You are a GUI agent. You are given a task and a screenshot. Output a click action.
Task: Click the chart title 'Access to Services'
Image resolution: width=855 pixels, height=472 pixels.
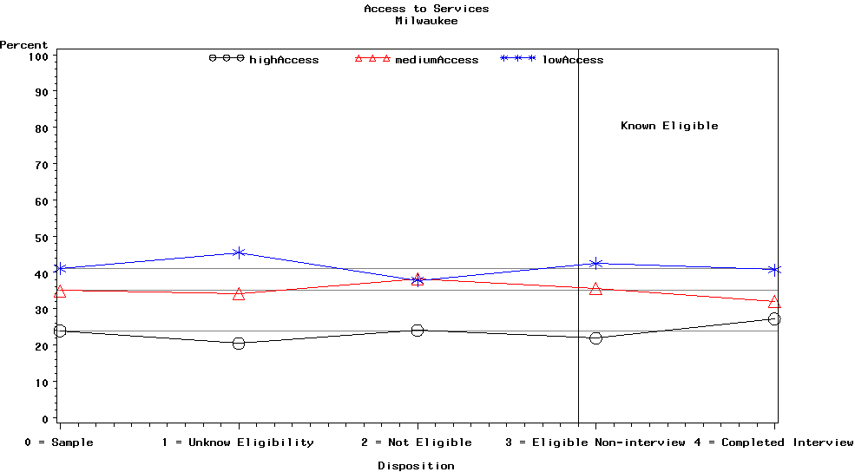(426, 9)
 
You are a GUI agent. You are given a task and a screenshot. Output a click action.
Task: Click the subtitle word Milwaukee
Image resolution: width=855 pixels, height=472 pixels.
(426, 20)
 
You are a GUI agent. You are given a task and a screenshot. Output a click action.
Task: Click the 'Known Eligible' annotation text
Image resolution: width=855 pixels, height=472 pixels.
(669, 126)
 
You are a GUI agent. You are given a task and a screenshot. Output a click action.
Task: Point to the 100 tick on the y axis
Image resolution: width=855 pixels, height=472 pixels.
(37, 56)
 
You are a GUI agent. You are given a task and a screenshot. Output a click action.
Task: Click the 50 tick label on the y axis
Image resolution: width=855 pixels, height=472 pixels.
(41, 237)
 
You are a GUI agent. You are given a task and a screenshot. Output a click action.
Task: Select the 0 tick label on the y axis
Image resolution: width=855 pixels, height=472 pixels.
(44, 418)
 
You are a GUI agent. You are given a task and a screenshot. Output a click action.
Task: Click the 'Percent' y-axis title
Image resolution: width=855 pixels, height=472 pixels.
(24, 45)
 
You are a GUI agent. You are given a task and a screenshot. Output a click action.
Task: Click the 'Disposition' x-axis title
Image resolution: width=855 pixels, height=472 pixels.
(416, 466)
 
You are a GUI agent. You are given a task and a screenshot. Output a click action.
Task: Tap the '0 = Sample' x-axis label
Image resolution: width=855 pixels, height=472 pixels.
(59, 442)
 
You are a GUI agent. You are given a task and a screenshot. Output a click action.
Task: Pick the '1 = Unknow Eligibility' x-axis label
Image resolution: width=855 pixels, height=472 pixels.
(238, 442)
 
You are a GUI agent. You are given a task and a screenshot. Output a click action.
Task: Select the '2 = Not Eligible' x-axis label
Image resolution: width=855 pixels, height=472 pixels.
(417, 442)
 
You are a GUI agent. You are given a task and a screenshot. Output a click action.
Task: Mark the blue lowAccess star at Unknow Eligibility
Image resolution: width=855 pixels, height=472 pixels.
(239, 252)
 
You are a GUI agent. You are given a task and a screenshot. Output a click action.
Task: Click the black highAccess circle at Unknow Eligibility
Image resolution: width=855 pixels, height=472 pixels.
(239, 344)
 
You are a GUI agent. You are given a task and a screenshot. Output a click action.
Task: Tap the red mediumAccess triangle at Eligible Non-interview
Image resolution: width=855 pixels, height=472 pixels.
(595, 289)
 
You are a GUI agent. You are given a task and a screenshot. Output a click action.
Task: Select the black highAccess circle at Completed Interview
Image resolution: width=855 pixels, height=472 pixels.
(774, 318)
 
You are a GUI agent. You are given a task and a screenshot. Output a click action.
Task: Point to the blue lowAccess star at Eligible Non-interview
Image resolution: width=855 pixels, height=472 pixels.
(595, 263)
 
